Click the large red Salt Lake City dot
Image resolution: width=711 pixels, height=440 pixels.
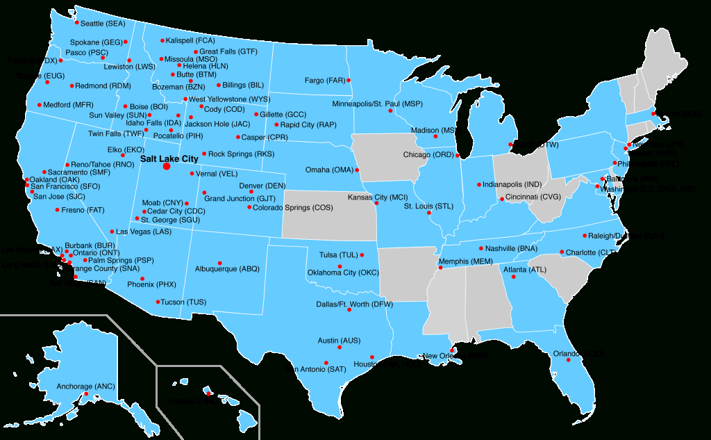pyautogui.click(x=166, y=167)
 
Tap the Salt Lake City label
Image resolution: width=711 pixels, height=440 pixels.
pyautogui.click(x=169, y=158)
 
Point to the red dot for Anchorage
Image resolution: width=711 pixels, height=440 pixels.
pyautogui.click(x=85, y=395)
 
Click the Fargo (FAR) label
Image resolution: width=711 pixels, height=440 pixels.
pyautogui.click(x=325, y=81)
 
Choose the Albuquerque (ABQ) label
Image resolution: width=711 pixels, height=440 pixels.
pyautogui.click(x=227, y=269)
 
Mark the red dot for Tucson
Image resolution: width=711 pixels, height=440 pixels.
pyautogui.click(x=157, y=302)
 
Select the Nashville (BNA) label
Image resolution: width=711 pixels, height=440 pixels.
pyautogui.click(x=512, y=248)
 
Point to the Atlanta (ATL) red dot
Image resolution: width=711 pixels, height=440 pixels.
pyautogui.click(x=513, y=277)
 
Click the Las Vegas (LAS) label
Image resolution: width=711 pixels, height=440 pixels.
pyautogui.click(x=144, y=231)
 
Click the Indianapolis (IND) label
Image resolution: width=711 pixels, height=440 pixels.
pyautogui.click(x=513, y=185)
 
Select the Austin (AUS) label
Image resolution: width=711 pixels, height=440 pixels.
pyautogui.click(x=339, y=341)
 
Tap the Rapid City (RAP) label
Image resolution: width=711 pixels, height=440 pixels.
pyautogui.click(x=308, y=125)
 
